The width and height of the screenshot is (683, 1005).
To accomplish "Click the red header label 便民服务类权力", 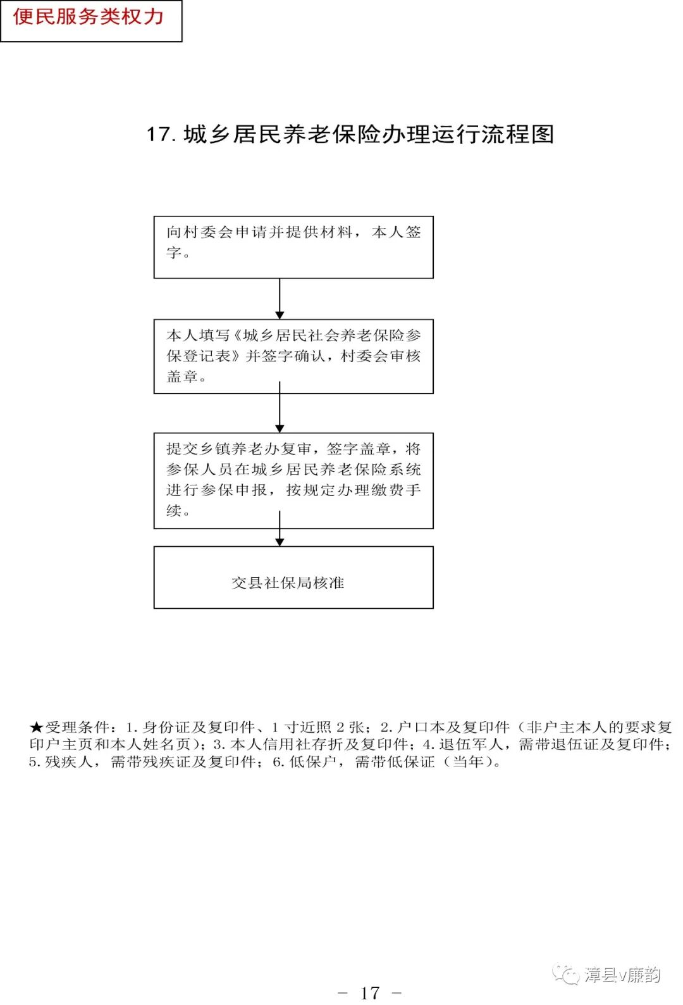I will [89, 17].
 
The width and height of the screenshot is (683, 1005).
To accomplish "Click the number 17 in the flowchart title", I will [159, 134].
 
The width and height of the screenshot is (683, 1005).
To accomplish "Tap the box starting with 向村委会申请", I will [293, 247].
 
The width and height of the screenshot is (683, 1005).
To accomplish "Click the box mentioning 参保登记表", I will [293, 356].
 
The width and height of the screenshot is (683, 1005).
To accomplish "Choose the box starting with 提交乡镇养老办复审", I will [293, 480].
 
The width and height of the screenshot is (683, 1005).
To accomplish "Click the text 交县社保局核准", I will [288, 583].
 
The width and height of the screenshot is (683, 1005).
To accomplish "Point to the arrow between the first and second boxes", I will [280, 299].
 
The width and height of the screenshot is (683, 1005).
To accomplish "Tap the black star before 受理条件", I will [36, 728].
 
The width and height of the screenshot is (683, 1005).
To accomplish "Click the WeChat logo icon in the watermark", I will [565, 975].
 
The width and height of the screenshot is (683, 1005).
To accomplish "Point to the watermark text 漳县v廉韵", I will [622, 975].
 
